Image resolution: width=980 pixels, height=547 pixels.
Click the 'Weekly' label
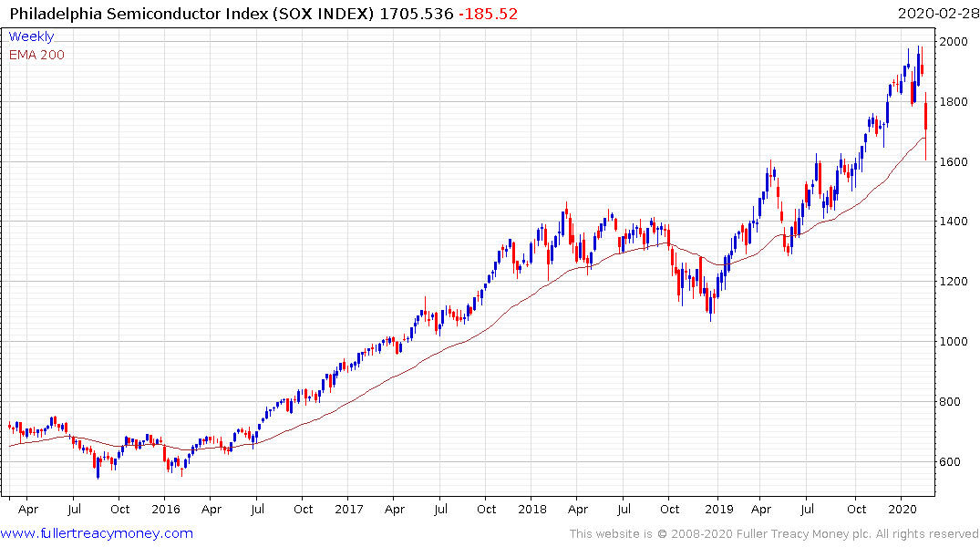pos(31,36)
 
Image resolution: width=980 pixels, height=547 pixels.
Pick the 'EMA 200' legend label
pos(36,55)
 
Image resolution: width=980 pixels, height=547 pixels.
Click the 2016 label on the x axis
pos(165,509)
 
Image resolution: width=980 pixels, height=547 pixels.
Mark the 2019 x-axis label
pos(717,509)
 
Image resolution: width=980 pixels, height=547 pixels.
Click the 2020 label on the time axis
pos(902,509)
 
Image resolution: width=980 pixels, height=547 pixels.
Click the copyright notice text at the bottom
pos(774,534)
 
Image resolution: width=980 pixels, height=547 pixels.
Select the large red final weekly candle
pos(926,116)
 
